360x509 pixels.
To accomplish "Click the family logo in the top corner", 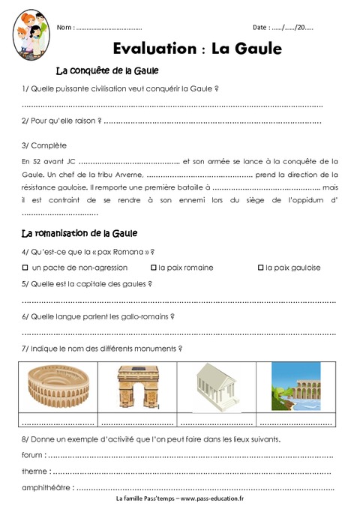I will click(x=28, y=34).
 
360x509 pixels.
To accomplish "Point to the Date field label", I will click(x=262, y=27).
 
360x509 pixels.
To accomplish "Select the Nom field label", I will click(x=65, y=28).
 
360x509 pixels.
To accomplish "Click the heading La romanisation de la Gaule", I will click(x=80, y=233).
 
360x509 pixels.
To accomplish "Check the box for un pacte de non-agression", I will click(x=25, y=268).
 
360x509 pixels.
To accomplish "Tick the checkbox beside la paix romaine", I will click(x=154, y=268).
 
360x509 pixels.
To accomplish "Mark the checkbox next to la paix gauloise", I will click(x=260, y=268).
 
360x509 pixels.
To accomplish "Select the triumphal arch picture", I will click(x=138, y=385).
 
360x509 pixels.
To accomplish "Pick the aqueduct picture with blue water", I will click(x=295, y=385).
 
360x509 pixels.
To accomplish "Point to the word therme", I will click(x=35, y=472).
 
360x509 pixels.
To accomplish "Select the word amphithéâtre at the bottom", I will click(x=47, y=488).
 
